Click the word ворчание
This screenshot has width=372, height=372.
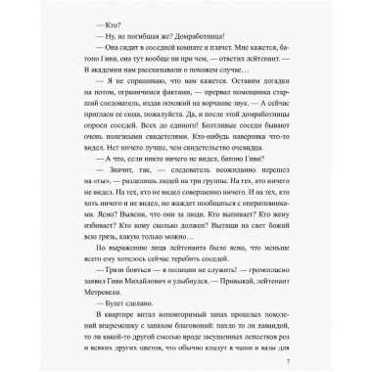[x=250, y=119]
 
